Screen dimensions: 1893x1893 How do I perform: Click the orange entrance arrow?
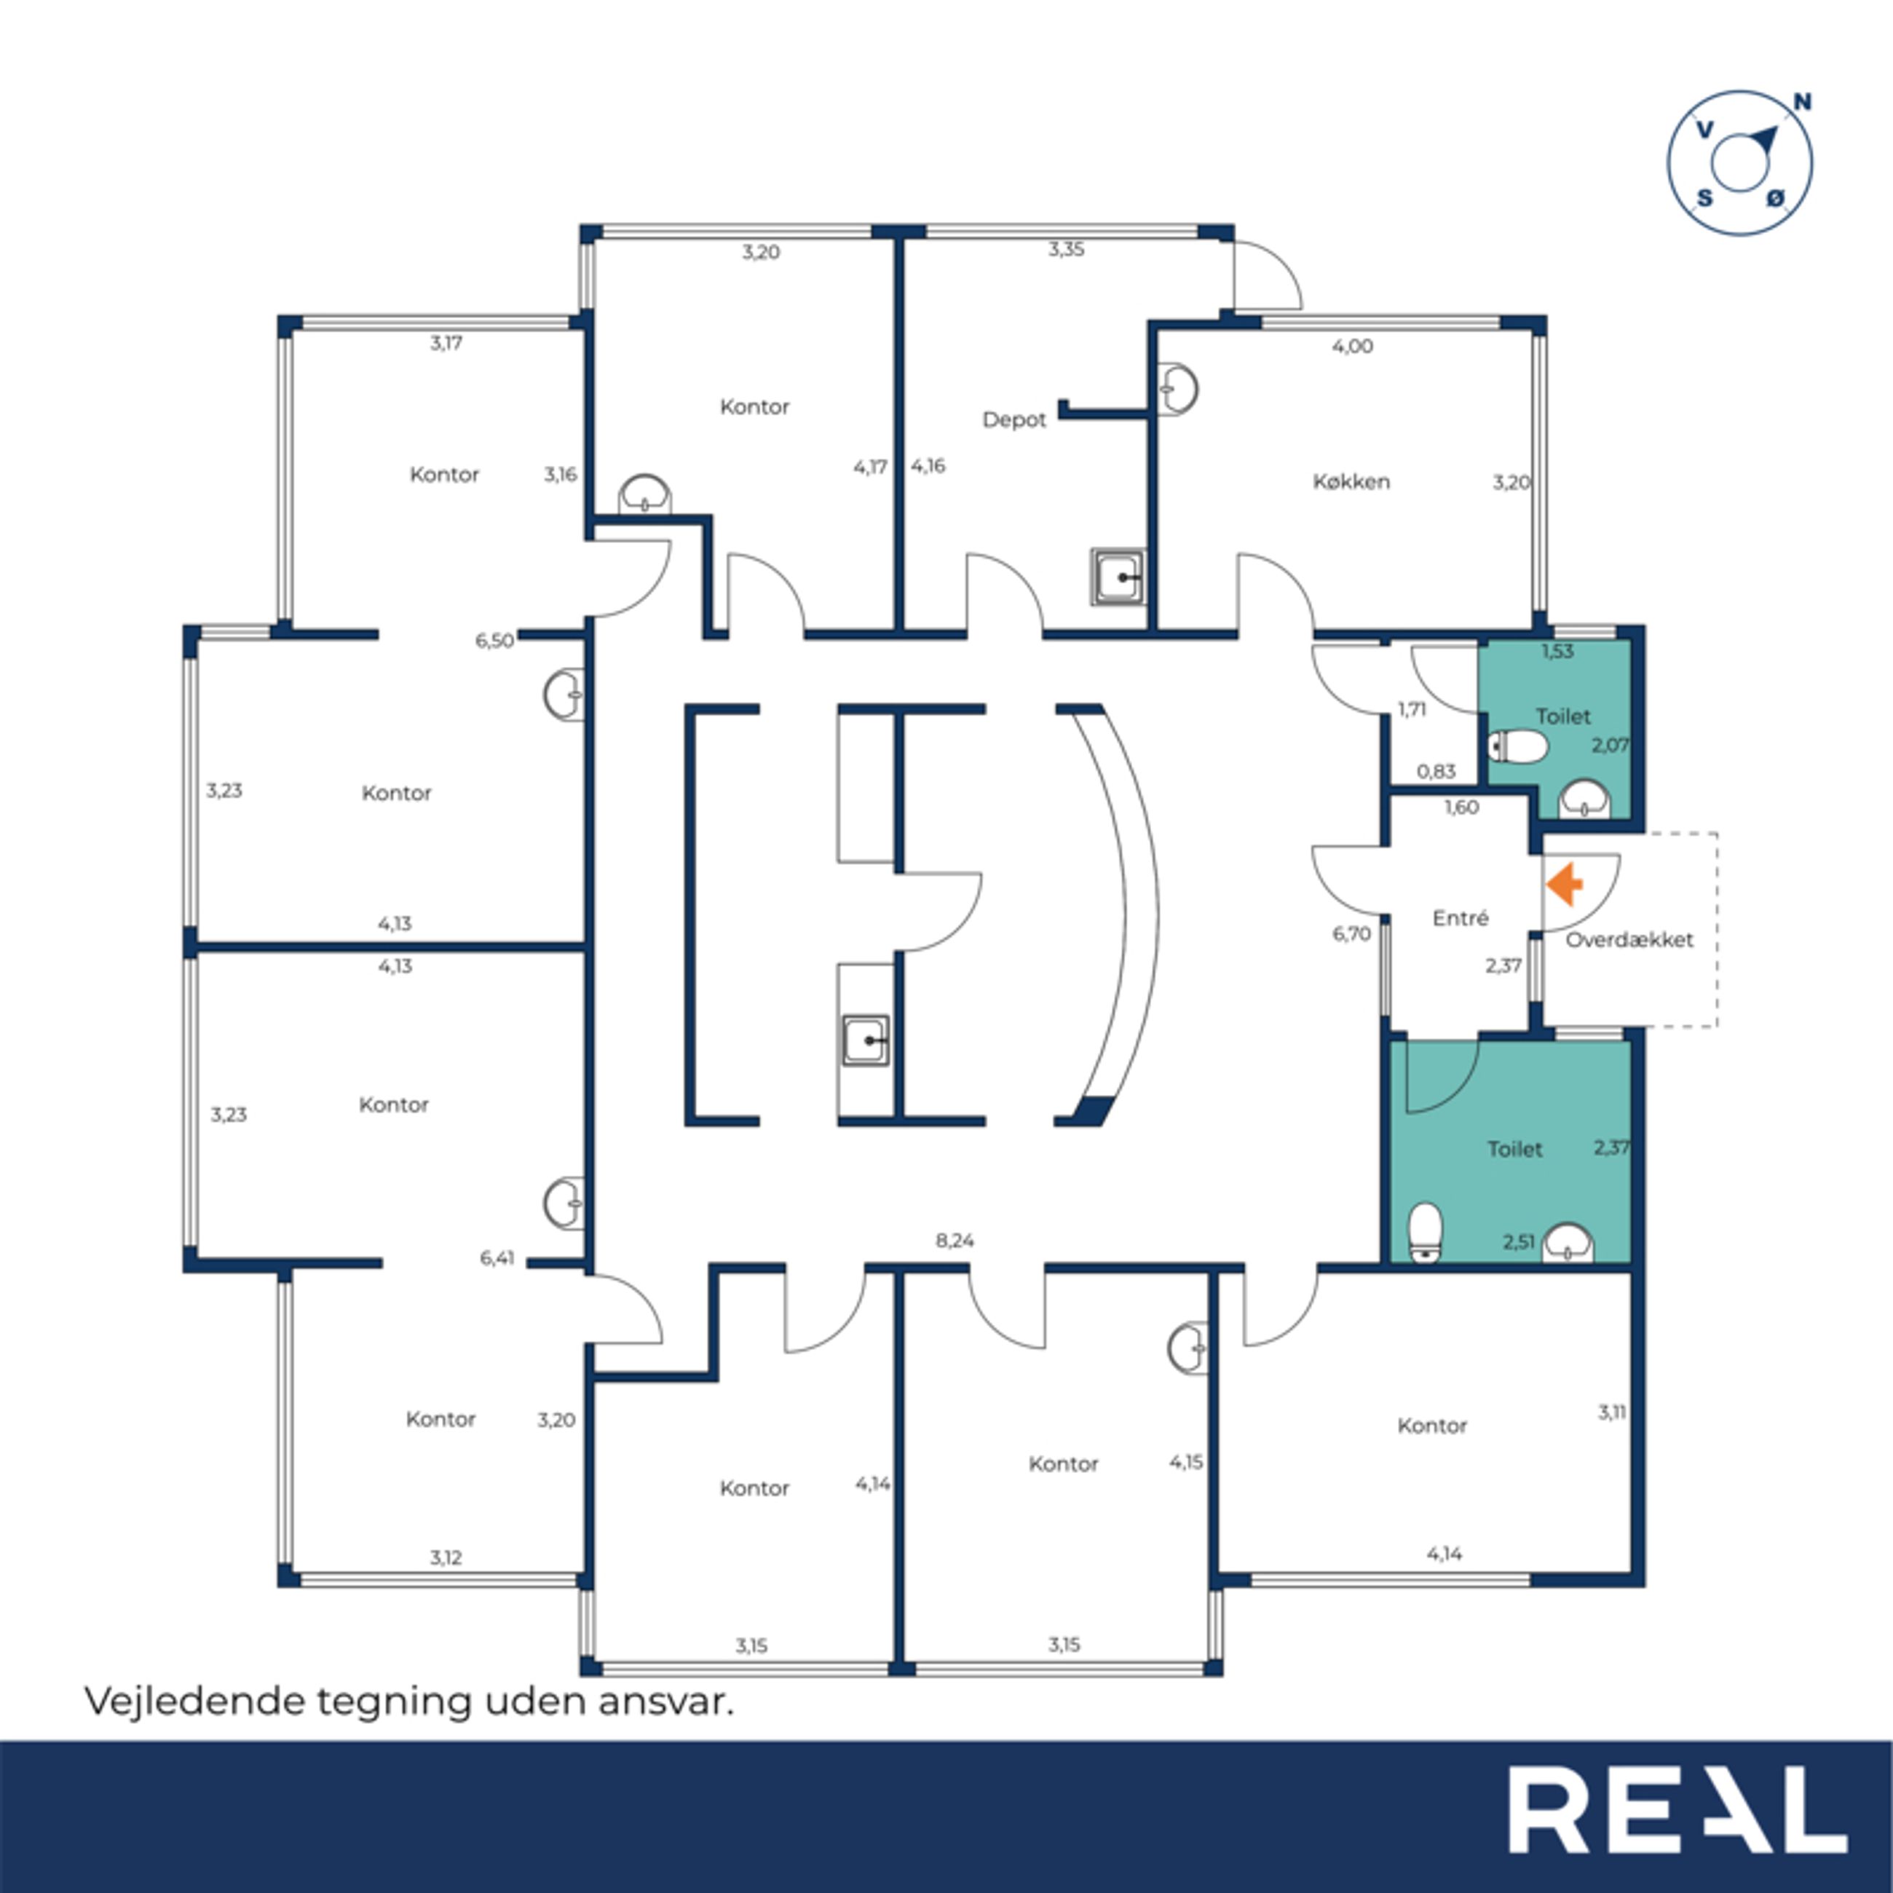1565,884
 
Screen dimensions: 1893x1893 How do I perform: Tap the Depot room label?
1014,419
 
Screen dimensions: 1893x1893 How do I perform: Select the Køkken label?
1351,481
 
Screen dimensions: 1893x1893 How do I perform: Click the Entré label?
1460,918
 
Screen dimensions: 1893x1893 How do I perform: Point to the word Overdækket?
1629,940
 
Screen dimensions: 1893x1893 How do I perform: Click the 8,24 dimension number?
955,1241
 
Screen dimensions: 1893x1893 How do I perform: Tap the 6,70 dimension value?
1351,934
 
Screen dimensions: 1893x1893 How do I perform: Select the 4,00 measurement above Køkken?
1352,346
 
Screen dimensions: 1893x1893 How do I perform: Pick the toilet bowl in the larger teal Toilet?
1425,1232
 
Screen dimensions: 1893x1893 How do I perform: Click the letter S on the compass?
1705,198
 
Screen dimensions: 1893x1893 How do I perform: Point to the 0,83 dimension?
1436,772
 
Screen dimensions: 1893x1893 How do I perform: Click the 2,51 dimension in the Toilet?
1519,1242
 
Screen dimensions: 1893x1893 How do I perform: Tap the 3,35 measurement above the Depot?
1066,249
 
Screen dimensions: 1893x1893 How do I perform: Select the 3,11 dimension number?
1612,1412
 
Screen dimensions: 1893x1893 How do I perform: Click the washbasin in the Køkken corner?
1178,389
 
